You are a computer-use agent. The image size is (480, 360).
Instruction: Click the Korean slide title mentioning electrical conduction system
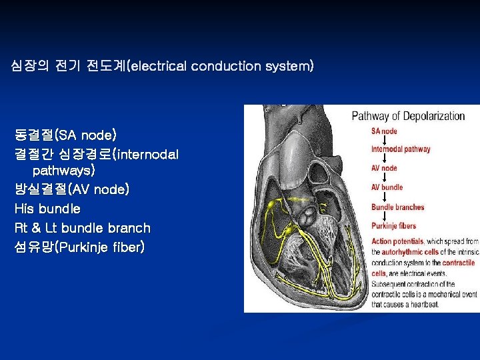point(162,66)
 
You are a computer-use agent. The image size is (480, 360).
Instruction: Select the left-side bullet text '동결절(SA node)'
point(65,136)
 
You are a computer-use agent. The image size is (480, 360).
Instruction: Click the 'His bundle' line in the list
point(47,209)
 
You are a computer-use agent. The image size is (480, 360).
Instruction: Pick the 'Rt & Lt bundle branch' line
point(82,228)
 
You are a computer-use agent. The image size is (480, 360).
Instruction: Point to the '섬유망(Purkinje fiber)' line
point(79,247)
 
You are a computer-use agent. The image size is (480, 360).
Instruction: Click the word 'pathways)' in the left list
point(64,171)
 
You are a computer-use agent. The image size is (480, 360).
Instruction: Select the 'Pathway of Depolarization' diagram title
point(408,116)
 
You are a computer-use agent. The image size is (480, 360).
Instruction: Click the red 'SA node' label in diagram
point(385,131)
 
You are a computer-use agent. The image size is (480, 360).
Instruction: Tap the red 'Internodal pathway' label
point(401,149)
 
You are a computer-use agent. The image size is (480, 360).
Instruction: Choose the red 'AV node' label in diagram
point(384,168)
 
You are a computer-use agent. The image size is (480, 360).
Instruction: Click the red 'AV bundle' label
point(387,187)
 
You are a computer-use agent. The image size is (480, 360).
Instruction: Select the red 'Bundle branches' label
point(397,207)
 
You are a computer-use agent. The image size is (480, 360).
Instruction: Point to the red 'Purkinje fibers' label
point(395,226)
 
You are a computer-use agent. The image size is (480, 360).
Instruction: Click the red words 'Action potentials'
point(397,241)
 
